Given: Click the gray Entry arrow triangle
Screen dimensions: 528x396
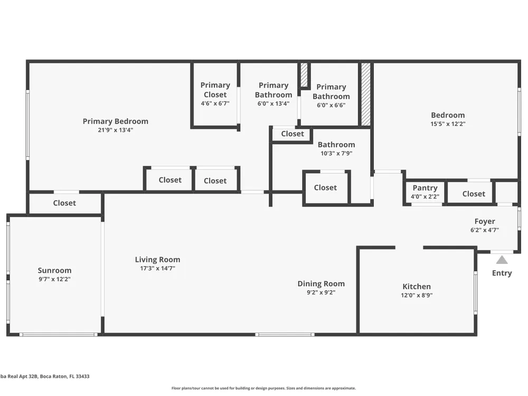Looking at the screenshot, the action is [x=502, y=260].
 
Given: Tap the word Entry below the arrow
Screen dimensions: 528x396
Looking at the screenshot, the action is [x=502, y=273].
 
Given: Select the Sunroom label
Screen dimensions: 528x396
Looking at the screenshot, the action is [x=54, y=270].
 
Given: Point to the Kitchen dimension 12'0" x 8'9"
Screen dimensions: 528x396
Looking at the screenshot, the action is [x=417, y=295].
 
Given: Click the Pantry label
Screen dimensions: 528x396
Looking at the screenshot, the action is [x=425, y=188].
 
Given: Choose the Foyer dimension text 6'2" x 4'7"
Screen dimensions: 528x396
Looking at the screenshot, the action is [x=485, y=230].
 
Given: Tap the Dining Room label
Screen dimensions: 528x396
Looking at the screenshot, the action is [x=321, y=284].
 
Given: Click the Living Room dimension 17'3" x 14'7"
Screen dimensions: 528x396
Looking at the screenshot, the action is [x=157, y=268].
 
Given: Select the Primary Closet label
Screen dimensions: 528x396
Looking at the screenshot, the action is [x=215, y=90].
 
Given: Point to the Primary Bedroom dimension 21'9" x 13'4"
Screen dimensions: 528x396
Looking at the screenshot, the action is [x=116, y=130].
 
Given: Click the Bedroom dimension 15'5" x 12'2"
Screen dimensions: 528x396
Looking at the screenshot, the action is [x=448, y=124].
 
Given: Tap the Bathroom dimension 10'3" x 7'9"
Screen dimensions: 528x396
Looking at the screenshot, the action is [x=336, y=154].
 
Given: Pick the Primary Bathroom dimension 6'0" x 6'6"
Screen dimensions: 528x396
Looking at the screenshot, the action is [x=331, y=105].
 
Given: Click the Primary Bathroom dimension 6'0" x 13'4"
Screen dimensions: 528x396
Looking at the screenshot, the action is [x=274, y=103].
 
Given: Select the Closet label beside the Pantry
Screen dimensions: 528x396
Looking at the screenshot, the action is [x=474, y=194].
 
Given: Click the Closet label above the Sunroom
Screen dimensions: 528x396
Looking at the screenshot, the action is [x=64, y=203].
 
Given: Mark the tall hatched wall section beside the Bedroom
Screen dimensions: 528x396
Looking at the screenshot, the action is [x=366, y=95].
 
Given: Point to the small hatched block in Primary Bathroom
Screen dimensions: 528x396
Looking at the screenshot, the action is [x=304, y=75].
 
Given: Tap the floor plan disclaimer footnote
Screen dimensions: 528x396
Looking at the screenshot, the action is [x=263, y=388].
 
